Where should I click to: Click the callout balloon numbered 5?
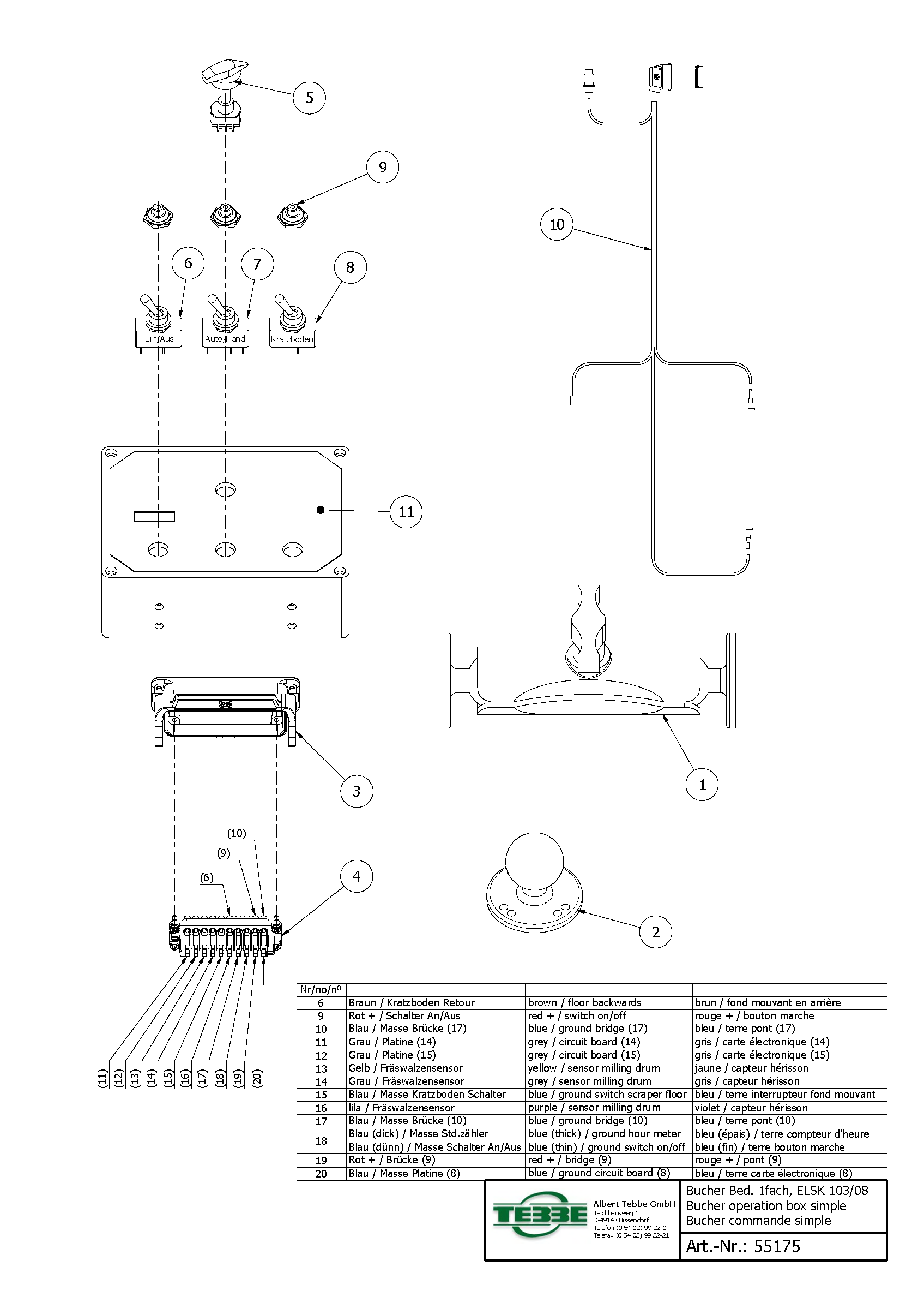[309, 98]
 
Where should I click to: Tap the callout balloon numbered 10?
[557, 225]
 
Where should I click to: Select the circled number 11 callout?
[406, 512]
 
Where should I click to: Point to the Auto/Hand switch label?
[225, 339]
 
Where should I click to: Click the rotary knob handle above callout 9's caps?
[225, 72]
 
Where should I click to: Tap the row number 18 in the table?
[321, 1140]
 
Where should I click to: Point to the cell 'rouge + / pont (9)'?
[738, 1159]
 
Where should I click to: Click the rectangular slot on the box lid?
[154, 516]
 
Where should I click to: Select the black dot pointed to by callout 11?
[321, 510]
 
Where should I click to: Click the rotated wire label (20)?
[258, 1078]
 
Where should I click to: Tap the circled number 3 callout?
[356, 791]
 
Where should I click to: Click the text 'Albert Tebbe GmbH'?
[634, 1204]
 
